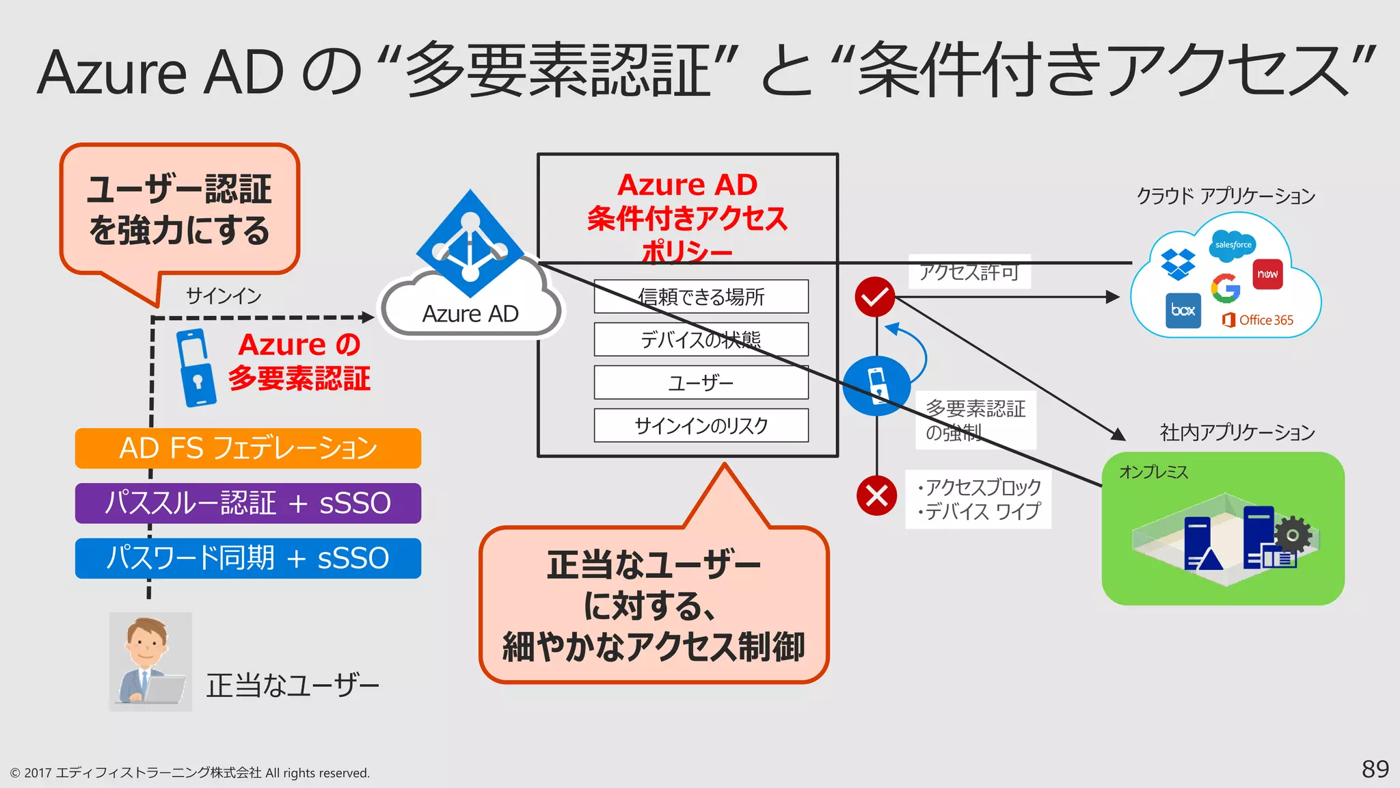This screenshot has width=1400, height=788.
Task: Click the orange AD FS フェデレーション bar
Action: [x=247, y=449]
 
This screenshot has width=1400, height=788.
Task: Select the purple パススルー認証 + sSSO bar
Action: [x=247, y=503]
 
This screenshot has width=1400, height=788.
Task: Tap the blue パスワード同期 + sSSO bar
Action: [x=247, y=558]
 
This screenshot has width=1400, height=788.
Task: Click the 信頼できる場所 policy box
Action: [x=701, y=296]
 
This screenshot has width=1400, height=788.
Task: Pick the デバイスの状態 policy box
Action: [x=701, y=339]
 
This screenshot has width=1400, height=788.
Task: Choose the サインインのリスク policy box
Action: [x=701, y=425]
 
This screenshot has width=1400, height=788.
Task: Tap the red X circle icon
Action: [x=876, y=495]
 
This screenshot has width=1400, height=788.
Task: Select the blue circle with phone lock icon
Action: [x=876, y=386]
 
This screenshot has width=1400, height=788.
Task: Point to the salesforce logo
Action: [x=1233, y=245]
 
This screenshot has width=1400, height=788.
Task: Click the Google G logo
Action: [x=1226, y=288]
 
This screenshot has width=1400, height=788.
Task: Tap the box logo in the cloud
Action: [x=1183, y=311]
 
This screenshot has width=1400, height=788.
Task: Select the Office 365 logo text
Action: [x=1258, y=320]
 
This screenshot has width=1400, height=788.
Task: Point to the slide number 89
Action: [x=1375, y=769]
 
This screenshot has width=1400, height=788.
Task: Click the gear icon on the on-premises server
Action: [x=1292, y=534]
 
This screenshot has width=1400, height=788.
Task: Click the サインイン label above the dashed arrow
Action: [x=224, y=295]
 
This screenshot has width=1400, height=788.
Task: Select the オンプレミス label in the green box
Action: [x=1153, y=472]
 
